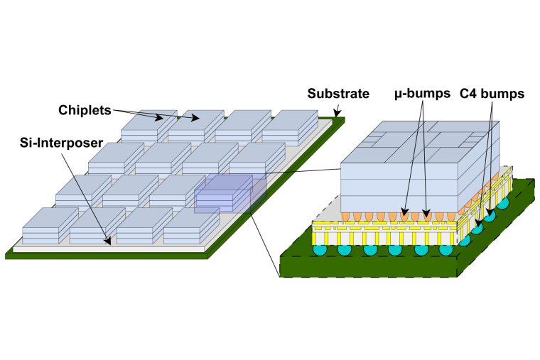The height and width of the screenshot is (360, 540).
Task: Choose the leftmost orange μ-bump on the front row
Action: (346, 214)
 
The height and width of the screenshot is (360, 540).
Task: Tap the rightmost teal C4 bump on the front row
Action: (445, 250)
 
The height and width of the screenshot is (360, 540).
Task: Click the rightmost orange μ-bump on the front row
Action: (453, 214)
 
